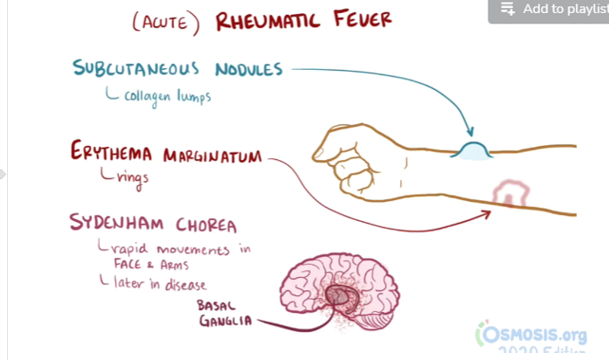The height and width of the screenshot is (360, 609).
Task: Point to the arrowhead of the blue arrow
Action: coord(469,132)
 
